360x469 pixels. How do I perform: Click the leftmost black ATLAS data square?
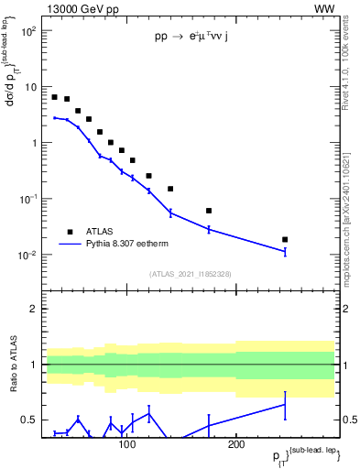coord(55,97)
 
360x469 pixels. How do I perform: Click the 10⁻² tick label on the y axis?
coord(27,255)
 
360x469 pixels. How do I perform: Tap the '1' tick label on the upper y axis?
coord(32,143)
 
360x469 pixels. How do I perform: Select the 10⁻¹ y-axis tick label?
coord(27,199)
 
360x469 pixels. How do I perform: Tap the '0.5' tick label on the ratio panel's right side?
coord(348,420)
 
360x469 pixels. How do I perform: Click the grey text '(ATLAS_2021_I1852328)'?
coord(191,274)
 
